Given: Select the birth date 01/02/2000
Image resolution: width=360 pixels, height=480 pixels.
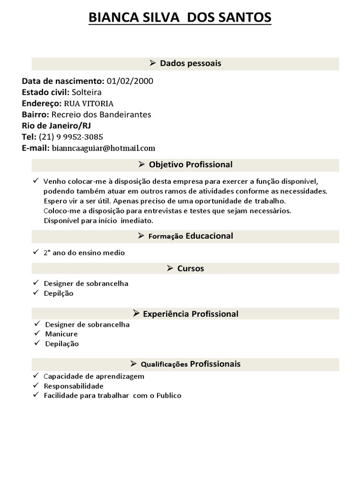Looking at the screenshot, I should [x=130, y=81].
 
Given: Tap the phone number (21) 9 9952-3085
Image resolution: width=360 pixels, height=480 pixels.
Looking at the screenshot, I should [x=71, y=137].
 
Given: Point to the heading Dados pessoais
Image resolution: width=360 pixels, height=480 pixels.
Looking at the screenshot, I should [x=190, y=63].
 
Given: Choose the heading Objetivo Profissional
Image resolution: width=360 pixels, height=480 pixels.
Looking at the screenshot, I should [x=190, y=165].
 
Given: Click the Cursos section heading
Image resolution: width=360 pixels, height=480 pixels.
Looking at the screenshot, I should [x=190, y=269].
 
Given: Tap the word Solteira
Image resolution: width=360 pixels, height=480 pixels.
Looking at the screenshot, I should [x=87, y=92].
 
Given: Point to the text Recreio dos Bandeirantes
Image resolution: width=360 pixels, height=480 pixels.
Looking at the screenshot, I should [x=101, y=114].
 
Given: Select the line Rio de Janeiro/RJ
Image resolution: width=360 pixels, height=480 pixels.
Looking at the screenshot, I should [x=57, y=126].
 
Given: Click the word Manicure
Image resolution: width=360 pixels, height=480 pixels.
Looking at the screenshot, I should [x=61, y=334].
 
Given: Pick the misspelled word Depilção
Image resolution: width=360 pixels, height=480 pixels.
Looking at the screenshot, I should [x=59, y=293].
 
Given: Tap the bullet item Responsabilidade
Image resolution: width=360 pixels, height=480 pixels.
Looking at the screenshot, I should [x=74, y=386].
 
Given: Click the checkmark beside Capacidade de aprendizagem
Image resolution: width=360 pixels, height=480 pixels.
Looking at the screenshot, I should [x=36, y=376].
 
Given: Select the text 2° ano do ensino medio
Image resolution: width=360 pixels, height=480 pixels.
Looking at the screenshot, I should [x=84, y=253].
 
